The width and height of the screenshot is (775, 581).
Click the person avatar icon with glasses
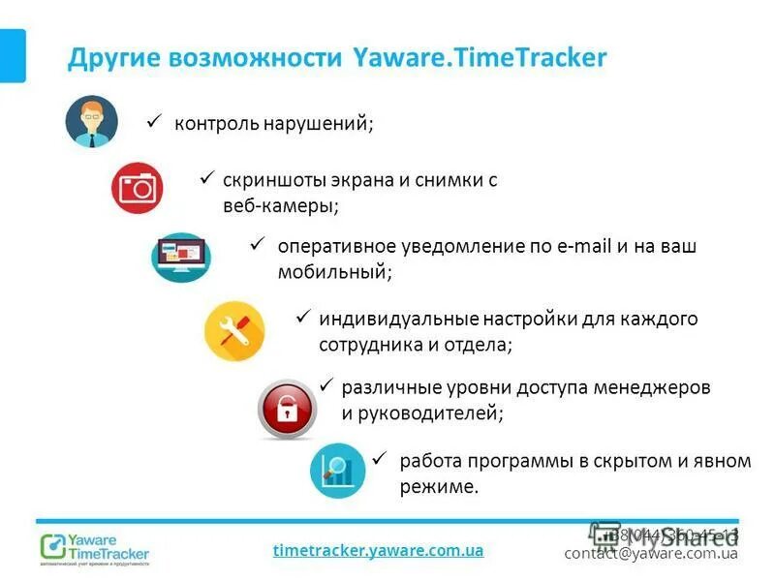tap(91, 122)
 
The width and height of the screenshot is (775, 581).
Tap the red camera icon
tap(137, 188)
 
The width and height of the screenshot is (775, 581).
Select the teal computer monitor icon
tap(180, 257)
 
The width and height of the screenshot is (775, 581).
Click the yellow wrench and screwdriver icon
tap(234, 331)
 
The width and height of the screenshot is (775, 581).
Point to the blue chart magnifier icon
tap(337, 470)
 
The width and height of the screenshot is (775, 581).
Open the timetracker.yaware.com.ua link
tap(378, 550)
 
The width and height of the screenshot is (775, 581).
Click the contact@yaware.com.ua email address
tap(651, 553)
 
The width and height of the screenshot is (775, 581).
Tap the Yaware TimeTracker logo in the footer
tap(95, 546)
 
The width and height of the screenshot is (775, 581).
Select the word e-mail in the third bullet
tap(586, 247)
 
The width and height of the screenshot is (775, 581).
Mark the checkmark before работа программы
tap(381, 459)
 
